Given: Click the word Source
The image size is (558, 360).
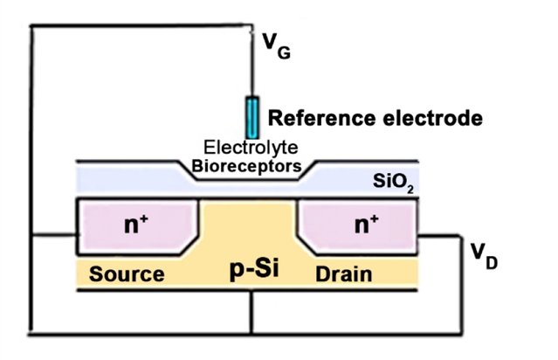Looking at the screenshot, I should (x=127, y=273).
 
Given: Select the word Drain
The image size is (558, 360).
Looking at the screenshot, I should (x=343, y=273).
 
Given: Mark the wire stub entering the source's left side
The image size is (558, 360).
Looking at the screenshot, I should (x=54, y=236).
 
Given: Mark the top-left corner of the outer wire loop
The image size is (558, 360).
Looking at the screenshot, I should (x=31, y=24).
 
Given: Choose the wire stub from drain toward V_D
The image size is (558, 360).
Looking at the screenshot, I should (x=441, y=236).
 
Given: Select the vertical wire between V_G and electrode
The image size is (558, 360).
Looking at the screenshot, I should (x=252, y=70).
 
